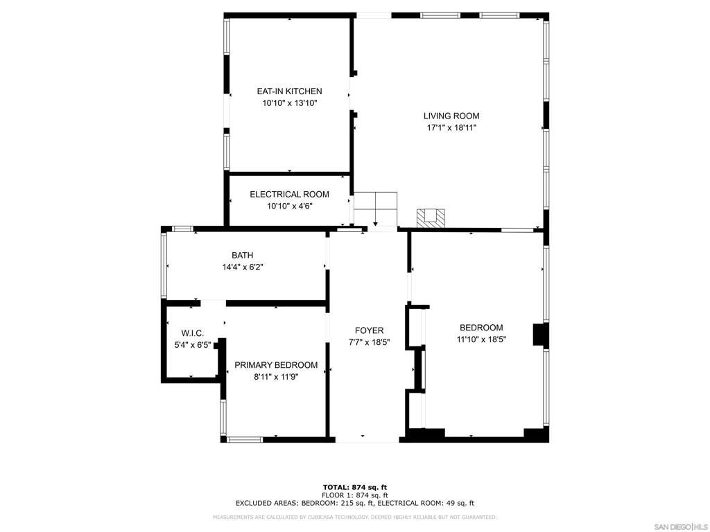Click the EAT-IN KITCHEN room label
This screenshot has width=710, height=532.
click(289, 91)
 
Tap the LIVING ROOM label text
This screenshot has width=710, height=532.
click(451, 116)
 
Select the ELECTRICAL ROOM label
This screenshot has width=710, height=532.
click(289, 195)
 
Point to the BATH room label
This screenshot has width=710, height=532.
click(242, 256)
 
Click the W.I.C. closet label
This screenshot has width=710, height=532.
click(193, 333)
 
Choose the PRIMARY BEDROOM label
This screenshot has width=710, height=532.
click(276, 365)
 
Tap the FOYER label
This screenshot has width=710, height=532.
click(368, 330)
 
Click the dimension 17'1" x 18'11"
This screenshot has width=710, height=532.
click(451, 128)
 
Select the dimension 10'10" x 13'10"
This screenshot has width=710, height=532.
click(289, 103)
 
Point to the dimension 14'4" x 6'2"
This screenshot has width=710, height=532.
click(242, 267)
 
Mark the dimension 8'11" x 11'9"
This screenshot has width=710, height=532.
click(276, 377)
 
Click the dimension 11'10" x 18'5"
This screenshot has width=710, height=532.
click(481, 339)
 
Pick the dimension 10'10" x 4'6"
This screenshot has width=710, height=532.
click(289, 206)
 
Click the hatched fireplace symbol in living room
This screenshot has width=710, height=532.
click(431, 218)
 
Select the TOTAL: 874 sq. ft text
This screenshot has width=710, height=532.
click(354, 487)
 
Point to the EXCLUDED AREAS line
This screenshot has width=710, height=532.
click(354, 504)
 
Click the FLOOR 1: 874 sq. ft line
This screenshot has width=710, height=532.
click(354, 495)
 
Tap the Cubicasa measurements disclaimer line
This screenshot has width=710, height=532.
click(354, 517)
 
